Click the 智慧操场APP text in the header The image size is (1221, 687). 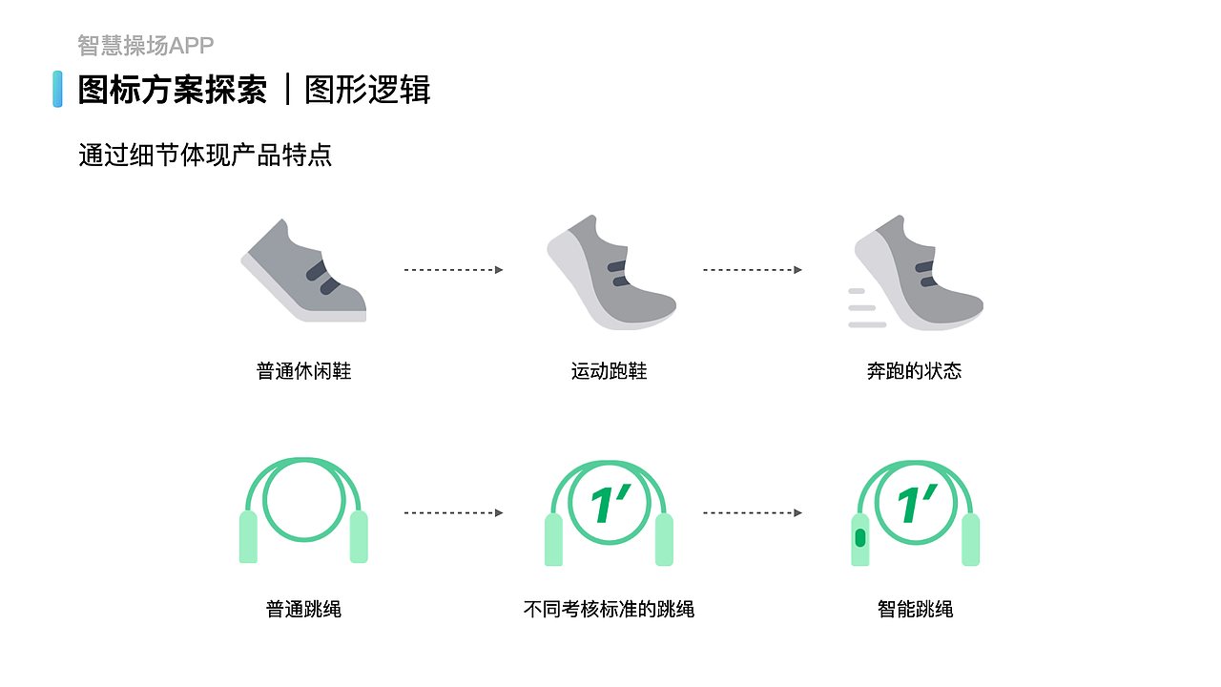(x=145, y=45)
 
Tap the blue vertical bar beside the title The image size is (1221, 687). (x=57, y=89)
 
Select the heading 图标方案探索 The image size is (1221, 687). (x=173, y=90)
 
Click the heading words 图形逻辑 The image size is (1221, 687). (x=367, y=90)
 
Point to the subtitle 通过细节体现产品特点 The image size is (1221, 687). (x=205, y=155)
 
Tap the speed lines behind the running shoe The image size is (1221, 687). (x=864, y=307)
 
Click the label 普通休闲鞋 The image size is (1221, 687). (x=303, y=371)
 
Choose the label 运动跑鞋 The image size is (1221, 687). (x=609, y=371)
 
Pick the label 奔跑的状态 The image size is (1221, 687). (x=914, y=371)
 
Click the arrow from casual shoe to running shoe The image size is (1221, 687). (x=453, y=270)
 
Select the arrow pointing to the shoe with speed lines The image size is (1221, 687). (x=753, y=270)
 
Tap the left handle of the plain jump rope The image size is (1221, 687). (x=248, y=536)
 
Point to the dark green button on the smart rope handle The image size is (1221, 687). (x=860, y=538)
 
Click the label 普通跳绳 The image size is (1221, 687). (x=303, y=609)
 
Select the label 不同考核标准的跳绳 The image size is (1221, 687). (x=609, y=609)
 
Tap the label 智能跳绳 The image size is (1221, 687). (x=915, y=609)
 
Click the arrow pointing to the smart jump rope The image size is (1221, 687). (x=753, y=513)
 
